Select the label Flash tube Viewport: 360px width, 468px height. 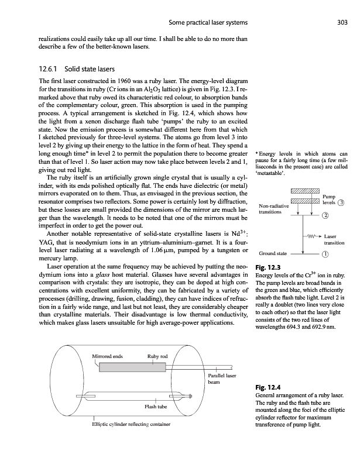pyautogui.click(x=156, y=406)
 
